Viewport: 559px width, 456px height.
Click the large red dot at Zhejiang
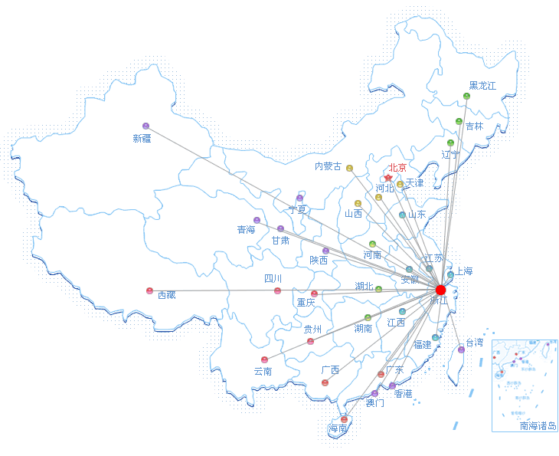(440, 290)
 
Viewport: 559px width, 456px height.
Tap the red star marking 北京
(388, 178)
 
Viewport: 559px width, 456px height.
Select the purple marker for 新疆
(145, 126)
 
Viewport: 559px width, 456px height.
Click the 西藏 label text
(166, 294)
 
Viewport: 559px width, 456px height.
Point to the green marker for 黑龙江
(466, 96)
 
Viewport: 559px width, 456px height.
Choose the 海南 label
(338, 428)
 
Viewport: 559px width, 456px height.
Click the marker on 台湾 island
(461, 349)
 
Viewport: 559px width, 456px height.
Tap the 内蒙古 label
(328, 166)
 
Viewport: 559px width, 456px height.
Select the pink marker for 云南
(264, 359)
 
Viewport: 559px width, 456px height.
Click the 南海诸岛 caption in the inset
(538, 426)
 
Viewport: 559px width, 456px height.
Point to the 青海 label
(246, 229)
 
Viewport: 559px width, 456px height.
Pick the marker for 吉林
(459, 121)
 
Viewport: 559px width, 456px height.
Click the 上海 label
(464, 271)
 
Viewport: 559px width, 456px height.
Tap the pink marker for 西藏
(149, 290)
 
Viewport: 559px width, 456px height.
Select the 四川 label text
(273, 278)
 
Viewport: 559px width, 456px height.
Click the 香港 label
(403, 393)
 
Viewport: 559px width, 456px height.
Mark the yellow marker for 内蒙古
(349, 168)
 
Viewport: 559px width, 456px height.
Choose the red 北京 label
(397, 167)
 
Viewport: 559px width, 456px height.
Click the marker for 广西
(325, 382)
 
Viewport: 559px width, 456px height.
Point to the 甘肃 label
(280, 240)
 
